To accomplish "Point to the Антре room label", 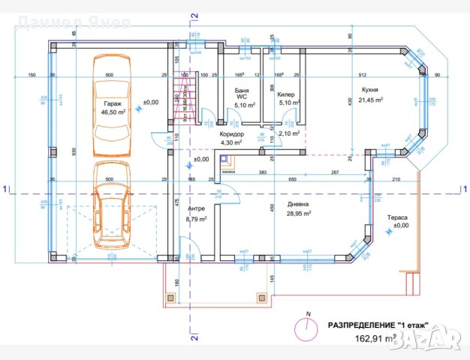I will [197, 208].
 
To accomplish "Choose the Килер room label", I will [285, 96].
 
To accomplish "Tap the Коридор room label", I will [230, 133].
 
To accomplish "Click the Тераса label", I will [397, 217].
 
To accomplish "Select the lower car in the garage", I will [110, 205].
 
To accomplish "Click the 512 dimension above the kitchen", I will [361, 75].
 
